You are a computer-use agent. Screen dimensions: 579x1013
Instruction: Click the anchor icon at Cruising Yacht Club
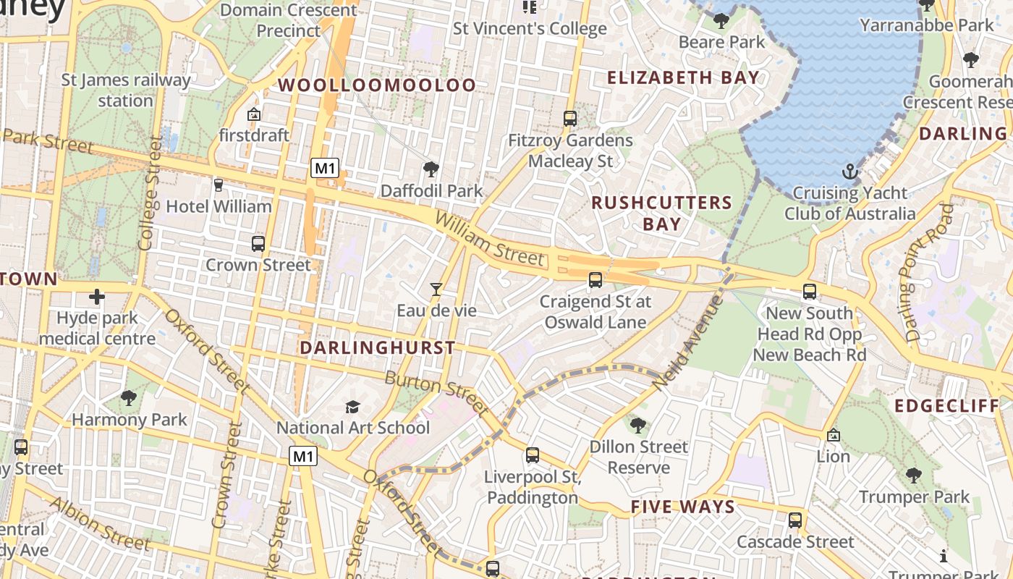tap(850, 172)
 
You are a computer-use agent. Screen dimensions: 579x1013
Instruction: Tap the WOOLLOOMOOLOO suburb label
tap(377, 85)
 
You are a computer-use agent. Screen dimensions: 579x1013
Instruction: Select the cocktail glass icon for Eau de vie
tap(436, 289)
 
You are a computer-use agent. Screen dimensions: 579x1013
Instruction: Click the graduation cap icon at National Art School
tap(352, 407)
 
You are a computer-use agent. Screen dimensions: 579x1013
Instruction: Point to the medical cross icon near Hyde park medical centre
tap(97, 297)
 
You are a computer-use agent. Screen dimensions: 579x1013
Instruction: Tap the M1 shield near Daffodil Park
tap(325, 169)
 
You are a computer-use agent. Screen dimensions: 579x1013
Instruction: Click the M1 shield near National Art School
tap(303, 456)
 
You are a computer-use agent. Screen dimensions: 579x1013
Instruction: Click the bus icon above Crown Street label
tap(258, 244)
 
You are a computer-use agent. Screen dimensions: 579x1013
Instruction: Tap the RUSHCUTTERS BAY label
tap(661, 213)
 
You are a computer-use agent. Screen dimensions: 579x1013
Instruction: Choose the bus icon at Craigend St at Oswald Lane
tap(595, 280)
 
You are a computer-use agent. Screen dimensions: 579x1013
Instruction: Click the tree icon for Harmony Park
tap(129, 397)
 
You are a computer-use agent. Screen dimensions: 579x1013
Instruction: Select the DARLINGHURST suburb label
tap(377, 347)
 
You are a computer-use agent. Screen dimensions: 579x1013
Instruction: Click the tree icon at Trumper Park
tap(913, 476)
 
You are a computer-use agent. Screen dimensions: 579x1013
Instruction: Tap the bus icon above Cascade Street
tap(795, 520)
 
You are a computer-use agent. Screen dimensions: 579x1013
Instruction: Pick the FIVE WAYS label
tap(682, 507)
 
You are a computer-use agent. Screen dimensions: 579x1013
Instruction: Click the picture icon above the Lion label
tap(834, 435)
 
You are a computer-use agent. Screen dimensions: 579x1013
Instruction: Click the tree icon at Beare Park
tap(721, 20)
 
